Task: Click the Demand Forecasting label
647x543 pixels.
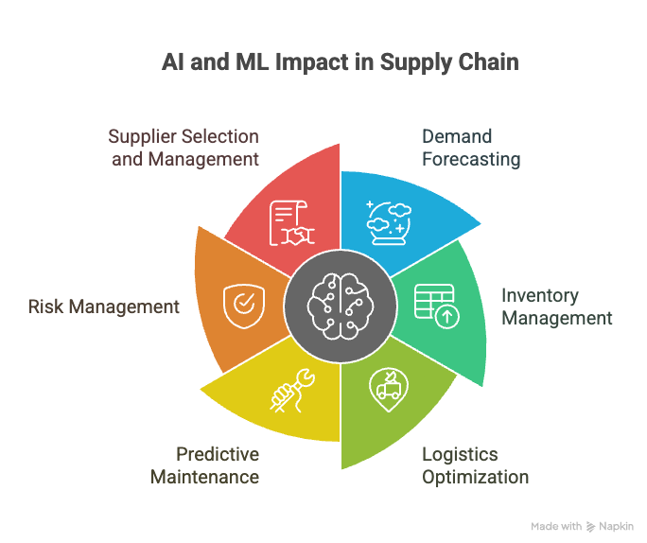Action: [471, 148]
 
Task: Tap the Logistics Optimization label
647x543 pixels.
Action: [474, 465]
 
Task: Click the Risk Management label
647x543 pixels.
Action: [103, 307]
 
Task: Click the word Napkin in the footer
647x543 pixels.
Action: [616, 525]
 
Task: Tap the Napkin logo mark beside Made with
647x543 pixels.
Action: [590, 525]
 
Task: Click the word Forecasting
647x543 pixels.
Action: [471, 159]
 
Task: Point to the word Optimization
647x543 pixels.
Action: [475, 476]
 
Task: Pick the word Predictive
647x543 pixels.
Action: [217, 455]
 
